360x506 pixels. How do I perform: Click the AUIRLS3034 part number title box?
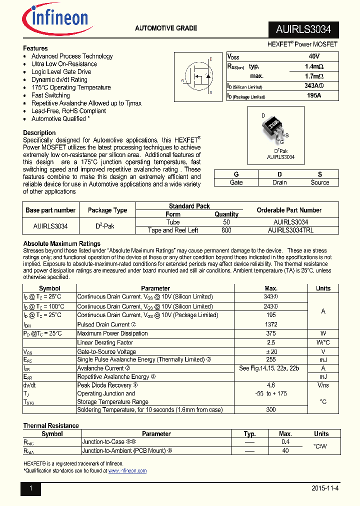303,29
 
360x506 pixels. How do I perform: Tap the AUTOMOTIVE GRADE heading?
166,28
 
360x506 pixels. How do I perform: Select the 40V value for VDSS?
314,57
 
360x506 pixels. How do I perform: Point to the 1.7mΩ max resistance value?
314,76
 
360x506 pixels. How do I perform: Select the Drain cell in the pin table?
279,182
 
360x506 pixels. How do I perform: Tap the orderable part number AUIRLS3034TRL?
290,230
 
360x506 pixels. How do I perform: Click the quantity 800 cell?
226,230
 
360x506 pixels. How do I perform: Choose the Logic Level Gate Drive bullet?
61,72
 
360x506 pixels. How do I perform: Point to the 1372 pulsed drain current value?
271,324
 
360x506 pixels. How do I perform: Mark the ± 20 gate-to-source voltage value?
271,351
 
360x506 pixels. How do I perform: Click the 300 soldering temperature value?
271,409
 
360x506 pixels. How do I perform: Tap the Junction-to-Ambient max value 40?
285,450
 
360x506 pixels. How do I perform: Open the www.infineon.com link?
127,471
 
